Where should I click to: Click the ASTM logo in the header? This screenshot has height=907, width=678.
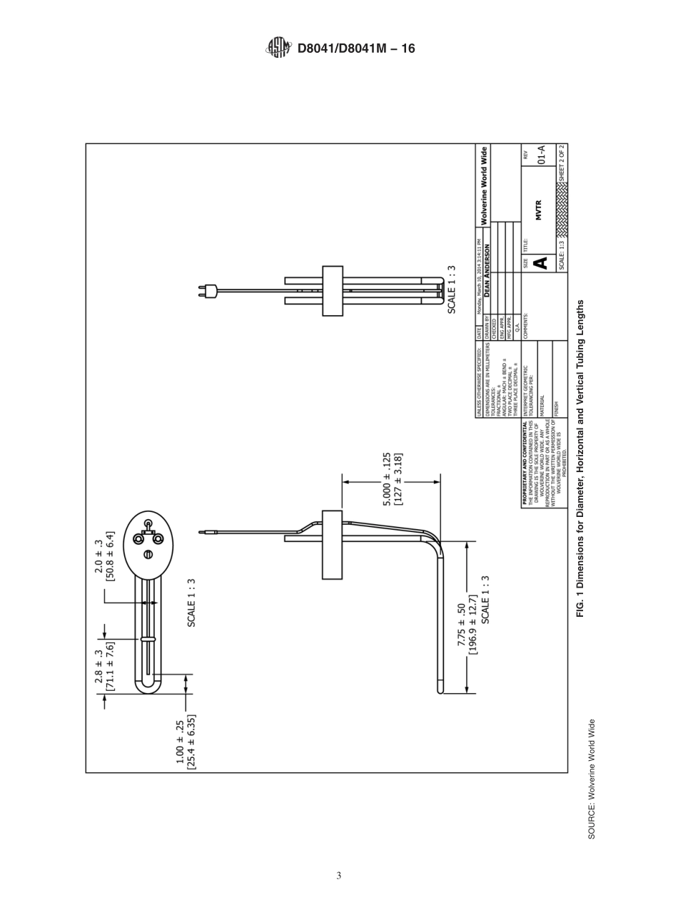point(279,48)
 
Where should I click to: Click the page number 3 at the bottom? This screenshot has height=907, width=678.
point(339,876)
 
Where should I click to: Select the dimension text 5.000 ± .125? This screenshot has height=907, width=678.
point(386,479)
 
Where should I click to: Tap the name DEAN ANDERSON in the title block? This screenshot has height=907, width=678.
point(487,271)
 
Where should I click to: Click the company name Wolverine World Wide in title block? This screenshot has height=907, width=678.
point(485,185)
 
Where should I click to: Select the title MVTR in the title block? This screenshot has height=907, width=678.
point(539,210)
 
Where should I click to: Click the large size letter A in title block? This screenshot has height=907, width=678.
point(540,263)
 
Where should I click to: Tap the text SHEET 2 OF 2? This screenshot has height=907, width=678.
point(562,160)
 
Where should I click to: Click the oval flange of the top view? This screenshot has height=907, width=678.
point(148,540)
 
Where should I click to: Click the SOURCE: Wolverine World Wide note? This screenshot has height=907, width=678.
point(592,779)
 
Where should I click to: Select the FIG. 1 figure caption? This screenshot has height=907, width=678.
point(580,458)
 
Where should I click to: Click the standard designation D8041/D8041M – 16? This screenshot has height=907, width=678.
point(355,48)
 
